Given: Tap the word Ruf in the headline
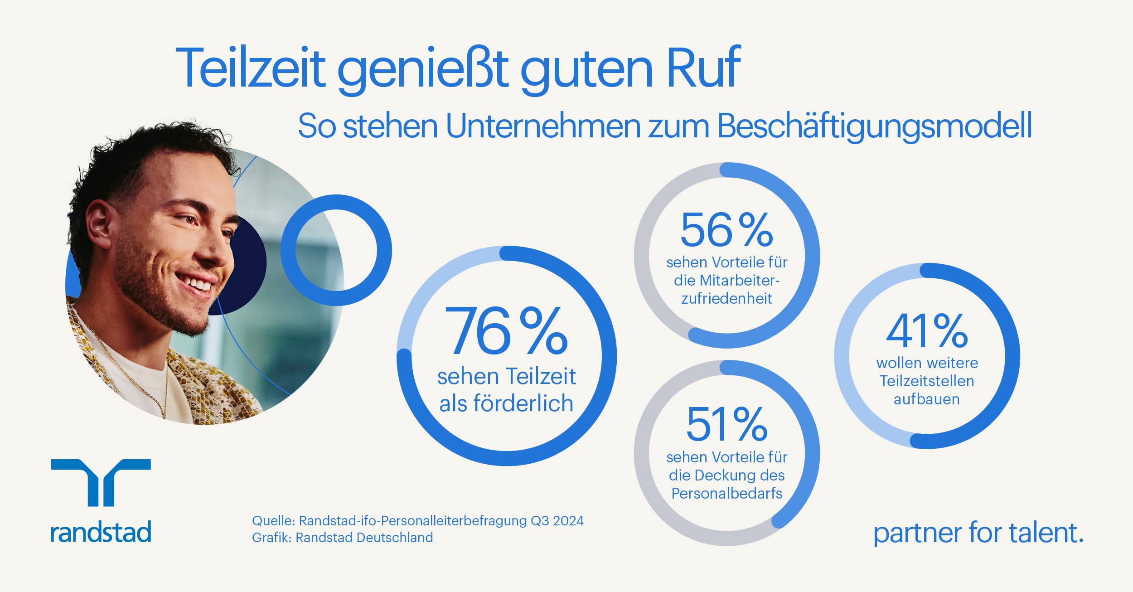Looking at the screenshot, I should click(703, 68).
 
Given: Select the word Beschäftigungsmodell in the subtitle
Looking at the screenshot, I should click(875, 127).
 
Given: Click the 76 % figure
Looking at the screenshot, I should click(506, 331).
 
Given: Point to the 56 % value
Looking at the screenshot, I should click(726, 230).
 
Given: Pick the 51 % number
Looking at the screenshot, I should click(726, 425).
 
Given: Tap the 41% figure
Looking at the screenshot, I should click(927, 331).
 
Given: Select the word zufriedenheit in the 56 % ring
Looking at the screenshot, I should click(726, 299).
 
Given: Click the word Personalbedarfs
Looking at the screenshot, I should click(726, 493).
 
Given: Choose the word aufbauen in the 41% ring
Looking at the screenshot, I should click(926, 399).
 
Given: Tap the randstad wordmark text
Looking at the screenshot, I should click(101, 532).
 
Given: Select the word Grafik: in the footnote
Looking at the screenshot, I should click(271, 538).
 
